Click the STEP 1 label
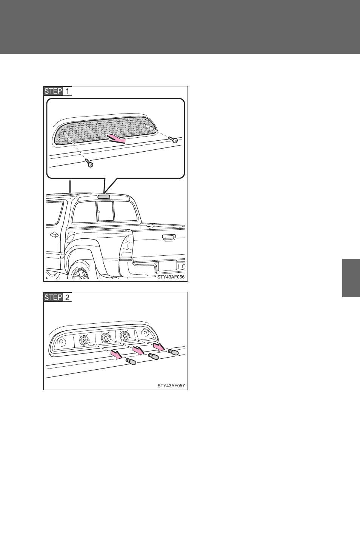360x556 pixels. (58, 91)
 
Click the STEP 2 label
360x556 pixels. (58, 297)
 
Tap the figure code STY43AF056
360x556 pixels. (171, 277)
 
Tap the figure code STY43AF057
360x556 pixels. (171, 386)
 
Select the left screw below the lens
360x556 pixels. (89, 163)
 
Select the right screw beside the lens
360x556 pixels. (173, 140)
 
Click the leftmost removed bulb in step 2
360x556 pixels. (131, 362)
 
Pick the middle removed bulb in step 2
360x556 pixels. (153, 356)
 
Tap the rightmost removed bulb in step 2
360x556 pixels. (173, 352)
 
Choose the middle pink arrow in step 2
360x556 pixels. (138, 350)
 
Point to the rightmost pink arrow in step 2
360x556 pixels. (158, 347)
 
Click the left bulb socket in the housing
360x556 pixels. (85, 339)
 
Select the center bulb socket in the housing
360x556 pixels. (106, 338)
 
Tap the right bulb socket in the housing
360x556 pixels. (125, 336)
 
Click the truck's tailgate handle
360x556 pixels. (169, 237)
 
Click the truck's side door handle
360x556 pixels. (54, 235)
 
